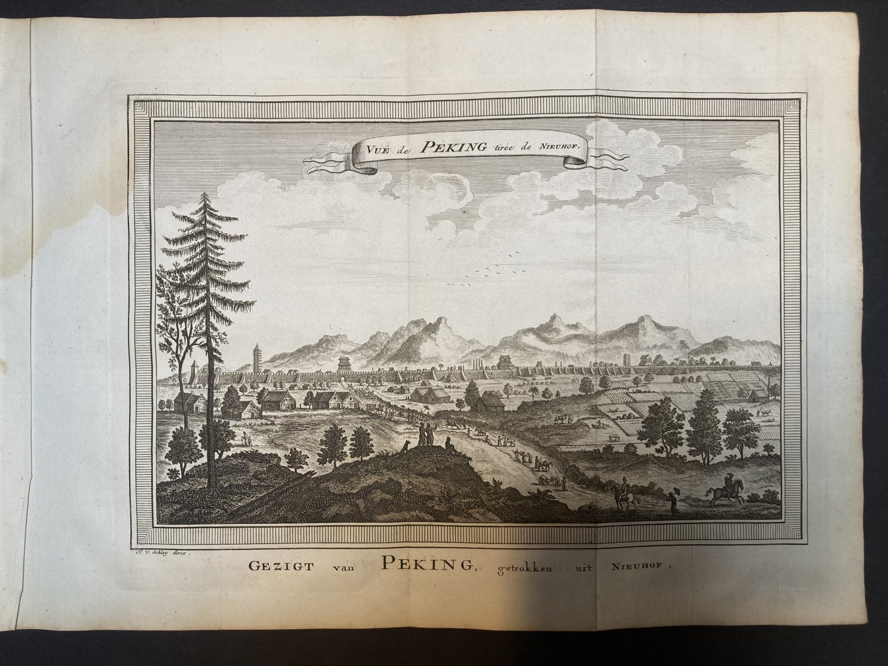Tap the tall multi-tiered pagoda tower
click(x=256, y=358)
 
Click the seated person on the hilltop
click(x=449, y=444)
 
